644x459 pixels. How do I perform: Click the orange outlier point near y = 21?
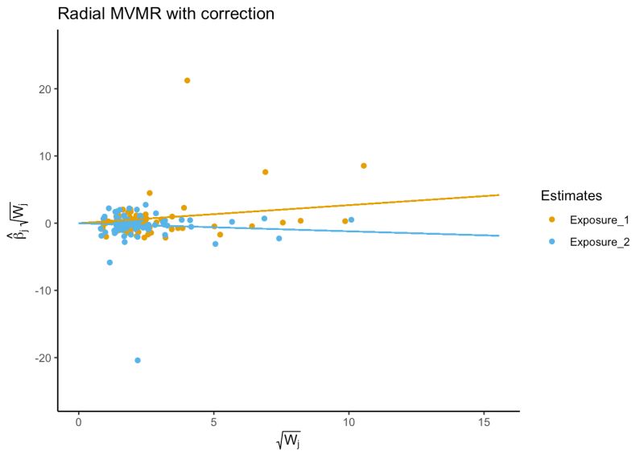click(x=187, y=80)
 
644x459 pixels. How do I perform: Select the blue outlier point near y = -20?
click(x=138, y=360)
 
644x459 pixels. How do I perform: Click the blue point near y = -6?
click(x=109, y=263)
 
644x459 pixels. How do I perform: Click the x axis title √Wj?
click(x=289, y=443)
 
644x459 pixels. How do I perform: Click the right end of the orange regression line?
click(x=499, y=195)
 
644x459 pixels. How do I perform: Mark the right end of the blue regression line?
click(x=499, y=236)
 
